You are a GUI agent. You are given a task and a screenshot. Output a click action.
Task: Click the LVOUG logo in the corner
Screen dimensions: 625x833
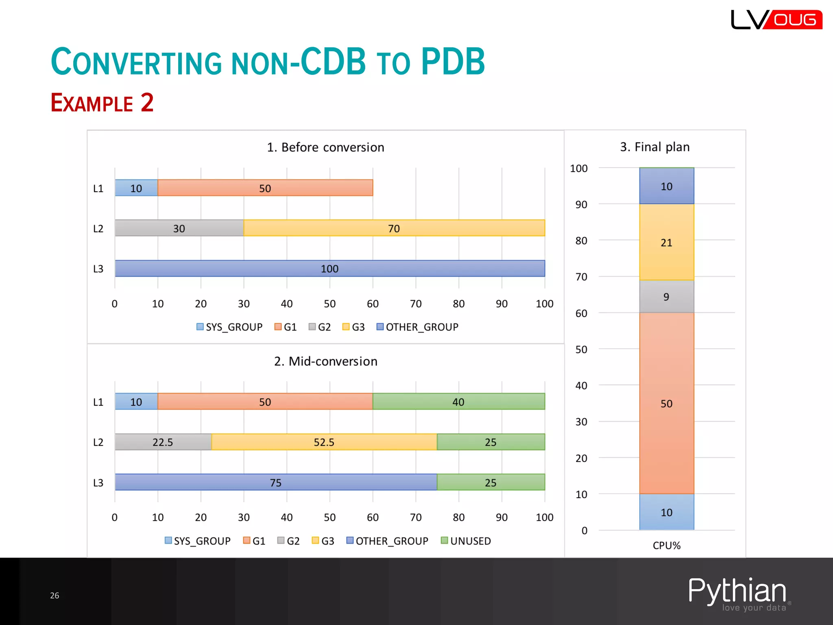point(776,20)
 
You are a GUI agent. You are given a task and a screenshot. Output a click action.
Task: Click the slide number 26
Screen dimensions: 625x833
point(55,596)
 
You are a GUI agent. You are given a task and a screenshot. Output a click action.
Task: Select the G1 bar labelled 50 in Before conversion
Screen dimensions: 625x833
point(265,188)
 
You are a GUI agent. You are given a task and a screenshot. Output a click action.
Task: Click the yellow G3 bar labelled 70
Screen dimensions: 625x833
point(394,228)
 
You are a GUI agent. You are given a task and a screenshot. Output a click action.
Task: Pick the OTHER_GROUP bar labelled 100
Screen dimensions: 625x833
point(329,269)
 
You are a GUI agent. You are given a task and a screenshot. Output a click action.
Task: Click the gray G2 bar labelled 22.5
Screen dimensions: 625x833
point(163,442)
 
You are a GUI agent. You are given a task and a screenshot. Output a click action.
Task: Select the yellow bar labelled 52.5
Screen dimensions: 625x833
point(324,442)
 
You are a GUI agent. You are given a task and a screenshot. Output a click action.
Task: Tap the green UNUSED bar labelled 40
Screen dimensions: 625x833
point(458,402)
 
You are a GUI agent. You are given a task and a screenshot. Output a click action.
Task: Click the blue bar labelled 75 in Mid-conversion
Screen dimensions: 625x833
point(275,483)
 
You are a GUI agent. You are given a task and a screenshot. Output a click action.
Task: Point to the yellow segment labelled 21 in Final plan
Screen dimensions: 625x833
point(666,243)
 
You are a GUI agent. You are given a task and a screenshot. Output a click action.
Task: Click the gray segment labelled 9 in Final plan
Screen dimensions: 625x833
point(666,297)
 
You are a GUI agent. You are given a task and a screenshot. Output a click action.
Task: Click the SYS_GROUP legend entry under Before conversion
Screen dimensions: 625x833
point(229,327)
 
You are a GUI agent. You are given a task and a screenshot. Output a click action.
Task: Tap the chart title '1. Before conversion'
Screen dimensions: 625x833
point(325,147)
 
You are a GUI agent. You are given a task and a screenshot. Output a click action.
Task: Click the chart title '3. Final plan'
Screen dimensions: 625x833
point(654,147)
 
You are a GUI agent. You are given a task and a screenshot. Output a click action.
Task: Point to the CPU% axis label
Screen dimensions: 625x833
point(666,546)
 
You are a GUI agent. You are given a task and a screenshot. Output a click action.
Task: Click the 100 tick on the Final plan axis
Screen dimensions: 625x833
point(578,168)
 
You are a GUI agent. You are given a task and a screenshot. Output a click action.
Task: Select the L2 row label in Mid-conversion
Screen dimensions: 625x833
point(98,442)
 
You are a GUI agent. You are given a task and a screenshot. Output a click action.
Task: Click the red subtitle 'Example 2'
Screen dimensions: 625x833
point(102,103)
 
